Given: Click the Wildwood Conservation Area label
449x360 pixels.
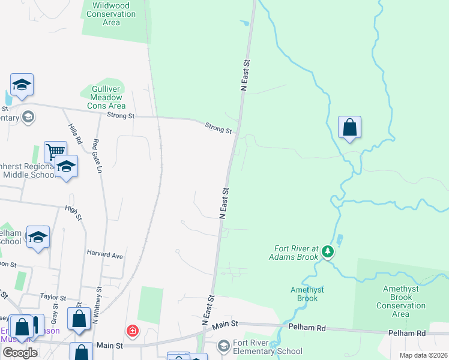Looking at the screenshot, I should point(111,14).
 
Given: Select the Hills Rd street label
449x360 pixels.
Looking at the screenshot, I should point(74,134).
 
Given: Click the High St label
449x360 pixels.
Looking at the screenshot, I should point(73,209).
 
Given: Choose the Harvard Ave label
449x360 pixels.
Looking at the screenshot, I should point(104,256).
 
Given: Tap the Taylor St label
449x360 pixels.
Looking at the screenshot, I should point(52,296).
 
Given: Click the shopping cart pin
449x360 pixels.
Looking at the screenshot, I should point(55,151).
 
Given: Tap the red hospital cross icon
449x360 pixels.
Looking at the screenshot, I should point(132,331).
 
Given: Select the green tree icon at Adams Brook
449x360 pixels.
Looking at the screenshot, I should point(327,251).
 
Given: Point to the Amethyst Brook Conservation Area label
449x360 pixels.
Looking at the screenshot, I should point(400,301).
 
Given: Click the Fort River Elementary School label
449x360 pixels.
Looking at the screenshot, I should point(267,347).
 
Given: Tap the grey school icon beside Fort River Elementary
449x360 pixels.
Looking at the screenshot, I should point(224,346).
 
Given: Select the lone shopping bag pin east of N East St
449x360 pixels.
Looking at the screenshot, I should point(349,127).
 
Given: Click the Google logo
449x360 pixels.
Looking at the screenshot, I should point(20,352).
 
